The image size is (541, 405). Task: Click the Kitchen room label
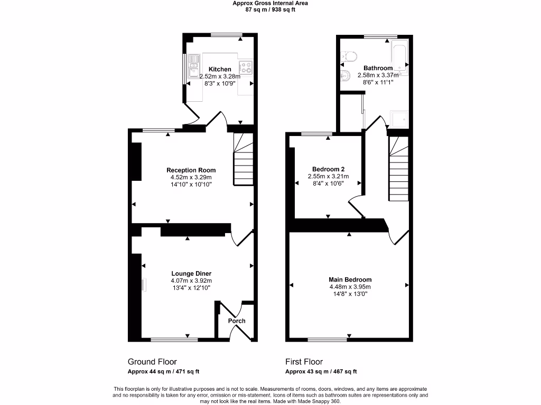pyautogui.click(x=220, y=69)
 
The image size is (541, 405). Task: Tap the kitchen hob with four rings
pyautogui.click(x=246, y=67)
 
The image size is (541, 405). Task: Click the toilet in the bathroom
pyautogui.click(x=347, y=56)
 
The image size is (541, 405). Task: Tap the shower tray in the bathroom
pyautogui.click(x=398, y=121)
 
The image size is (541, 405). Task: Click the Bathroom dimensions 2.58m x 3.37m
pyautogui.click(x=378, y=75)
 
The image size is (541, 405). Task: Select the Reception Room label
pyautogui.click(x=191, y=170)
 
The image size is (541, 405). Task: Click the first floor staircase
pyautogui.click(x=399, y=169)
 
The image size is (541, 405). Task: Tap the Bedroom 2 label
pyautogui.click(x=328, y=169)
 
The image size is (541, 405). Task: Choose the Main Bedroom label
pyautogui.click(x=350, y=279)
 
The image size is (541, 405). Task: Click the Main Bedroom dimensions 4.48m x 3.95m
pyautogui.click(x=350, y=287)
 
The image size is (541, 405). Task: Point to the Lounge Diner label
pyautogui.click(x=191, y=273)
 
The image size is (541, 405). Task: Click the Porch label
pyautogui.click(x=237, y=321)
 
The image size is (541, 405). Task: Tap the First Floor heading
pyautogui.click(x=304, y=362)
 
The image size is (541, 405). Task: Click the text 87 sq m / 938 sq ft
pyautogui.click(x=270, y=9)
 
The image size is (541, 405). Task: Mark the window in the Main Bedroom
pyautogui.click(x=328, y=340)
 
